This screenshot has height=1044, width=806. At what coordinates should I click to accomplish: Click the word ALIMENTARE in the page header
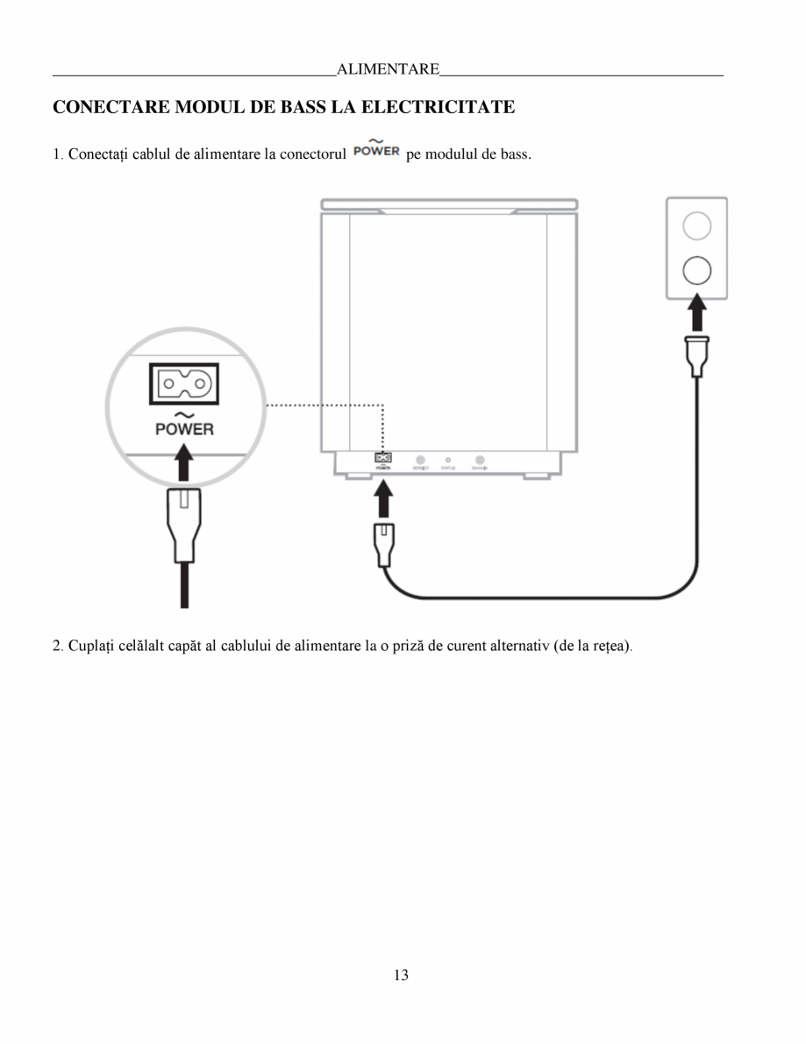pos(388,69)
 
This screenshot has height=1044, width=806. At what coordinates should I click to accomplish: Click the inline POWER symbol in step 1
pos(376,150)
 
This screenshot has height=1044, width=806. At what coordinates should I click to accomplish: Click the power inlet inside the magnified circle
pos(183,383)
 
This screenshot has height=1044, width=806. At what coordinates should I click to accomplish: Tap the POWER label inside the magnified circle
pos(183,429)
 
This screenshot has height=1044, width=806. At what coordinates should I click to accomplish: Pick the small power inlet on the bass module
pos(383,458)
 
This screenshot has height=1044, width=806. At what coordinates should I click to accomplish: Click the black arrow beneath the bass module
pos(383,499)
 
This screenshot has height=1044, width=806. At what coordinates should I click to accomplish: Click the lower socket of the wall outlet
pos(696,270)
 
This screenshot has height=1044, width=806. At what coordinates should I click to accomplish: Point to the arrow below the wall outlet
pos(696,313)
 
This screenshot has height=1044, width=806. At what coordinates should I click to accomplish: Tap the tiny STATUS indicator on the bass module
pos(449,460)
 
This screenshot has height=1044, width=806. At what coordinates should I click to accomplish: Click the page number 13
pos(402,975)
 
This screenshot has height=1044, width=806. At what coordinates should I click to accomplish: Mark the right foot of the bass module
pos(536,476)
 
